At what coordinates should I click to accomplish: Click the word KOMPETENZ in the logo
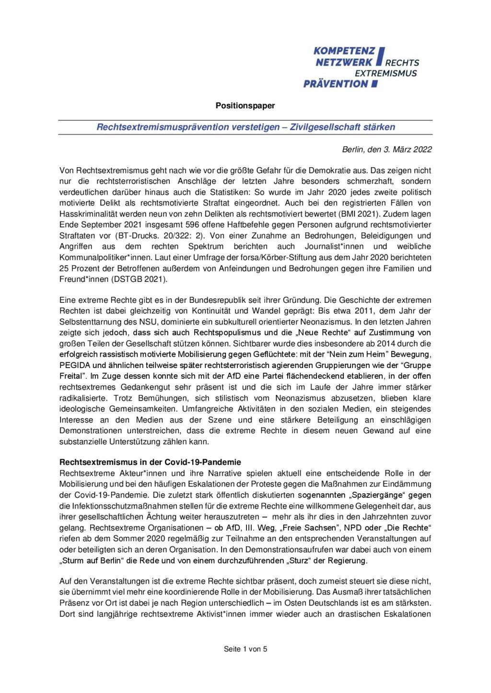click(341, 51)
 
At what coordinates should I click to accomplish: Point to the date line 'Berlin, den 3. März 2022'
click(386, 150)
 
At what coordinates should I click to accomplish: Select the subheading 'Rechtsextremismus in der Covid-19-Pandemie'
click(150, 462)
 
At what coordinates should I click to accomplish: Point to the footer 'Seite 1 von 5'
click(245, 649)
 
